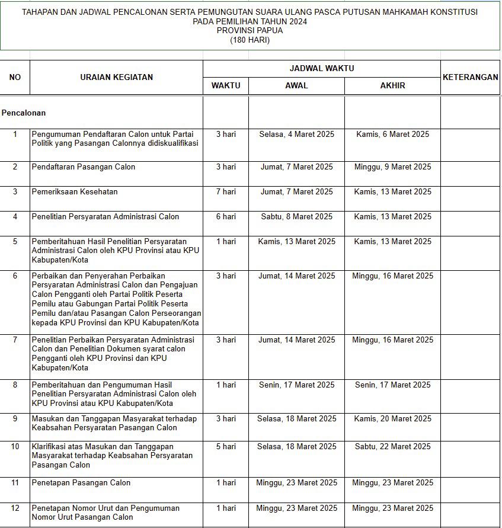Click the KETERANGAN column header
click(470, 77)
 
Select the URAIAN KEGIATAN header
click(117, 77)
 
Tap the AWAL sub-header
click(296, 85)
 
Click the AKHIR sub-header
click(392, 85)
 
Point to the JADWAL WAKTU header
click(321, 68)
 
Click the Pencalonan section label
click(24, 113)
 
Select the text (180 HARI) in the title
click(250, 40)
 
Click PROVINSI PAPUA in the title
click(250, 31)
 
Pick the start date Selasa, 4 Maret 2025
click(296, 135)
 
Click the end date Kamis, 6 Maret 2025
click(392, 135)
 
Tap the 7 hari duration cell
click(226, 192)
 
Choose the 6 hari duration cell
click(226, 217)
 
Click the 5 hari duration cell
click(226, 447)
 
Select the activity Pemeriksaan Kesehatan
click(75, 192)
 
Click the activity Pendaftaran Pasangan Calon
click(84, 167)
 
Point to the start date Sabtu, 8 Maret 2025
click(296, 217)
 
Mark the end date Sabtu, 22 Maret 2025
click(392, 447)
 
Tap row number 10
click(15, 447)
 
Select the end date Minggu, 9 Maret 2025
click(392, 167)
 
